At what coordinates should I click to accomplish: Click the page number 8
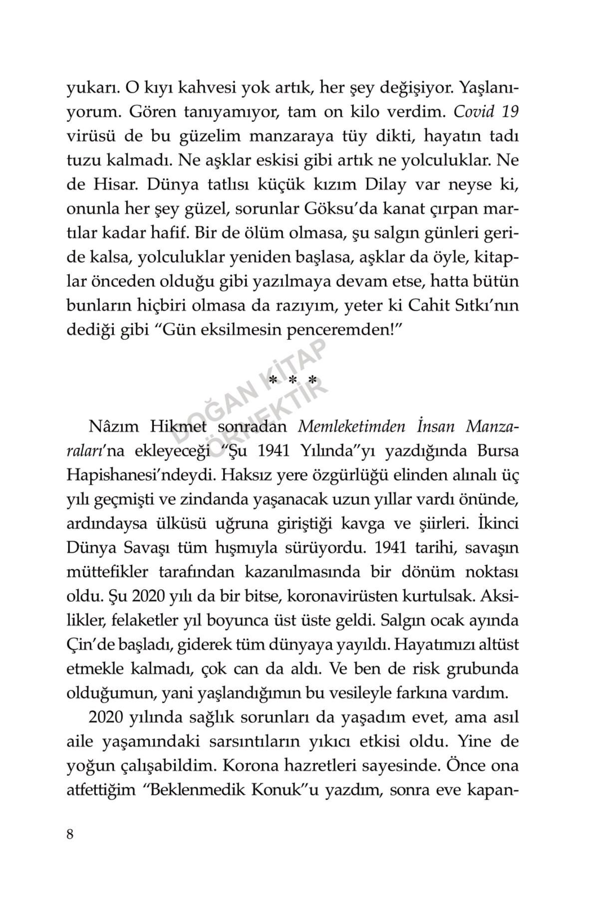tap(70, 834)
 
